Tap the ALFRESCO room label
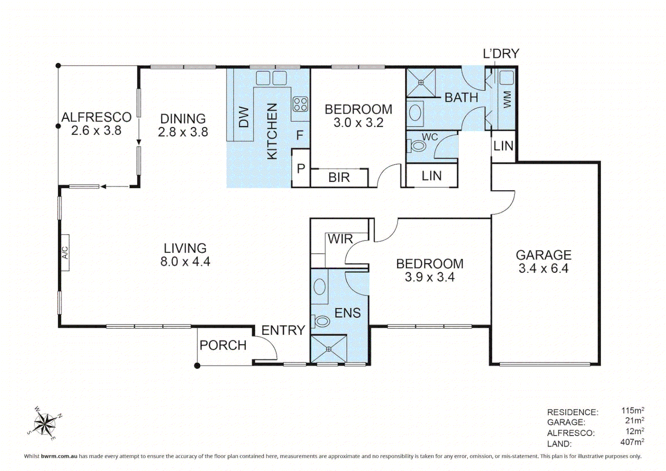point(96,117)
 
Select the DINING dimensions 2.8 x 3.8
point(183,132)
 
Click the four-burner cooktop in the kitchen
point(300,104)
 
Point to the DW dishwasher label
point(244,117)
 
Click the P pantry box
point(301,168)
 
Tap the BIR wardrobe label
point(339,177)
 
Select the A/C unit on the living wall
point(65,253)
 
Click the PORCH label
point(223,345)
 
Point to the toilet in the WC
point(417,146)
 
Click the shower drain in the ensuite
point(328,349)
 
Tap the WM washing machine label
point(506,99)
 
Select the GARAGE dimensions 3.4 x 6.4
point(543,269)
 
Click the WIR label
point(340,239)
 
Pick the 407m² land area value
point(632,442)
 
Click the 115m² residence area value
point(632,411)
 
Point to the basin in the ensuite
point(319,287)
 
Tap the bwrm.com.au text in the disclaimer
point(59,456)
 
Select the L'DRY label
point(501,54)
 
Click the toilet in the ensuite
point(321,321)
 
